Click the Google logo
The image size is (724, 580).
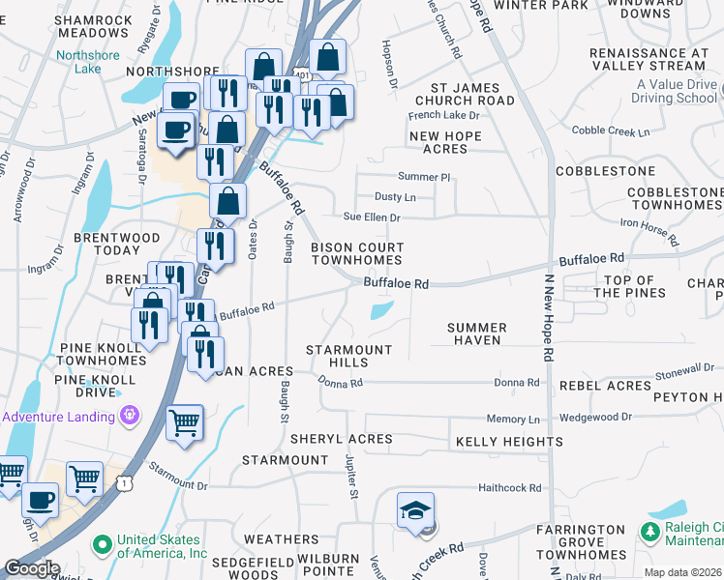32,568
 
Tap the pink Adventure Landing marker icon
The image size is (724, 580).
130,416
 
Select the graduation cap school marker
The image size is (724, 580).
415,511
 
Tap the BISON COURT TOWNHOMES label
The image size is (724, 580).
356,254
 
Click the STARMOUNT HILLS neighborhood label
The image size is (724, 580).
349,356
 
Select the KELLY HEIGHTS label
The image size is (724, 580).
509,442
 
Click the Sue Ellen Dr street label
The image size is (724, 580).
373,217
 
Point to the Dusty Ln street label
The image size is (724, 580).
394,197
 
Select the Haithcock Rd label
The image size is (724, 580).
509,489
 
